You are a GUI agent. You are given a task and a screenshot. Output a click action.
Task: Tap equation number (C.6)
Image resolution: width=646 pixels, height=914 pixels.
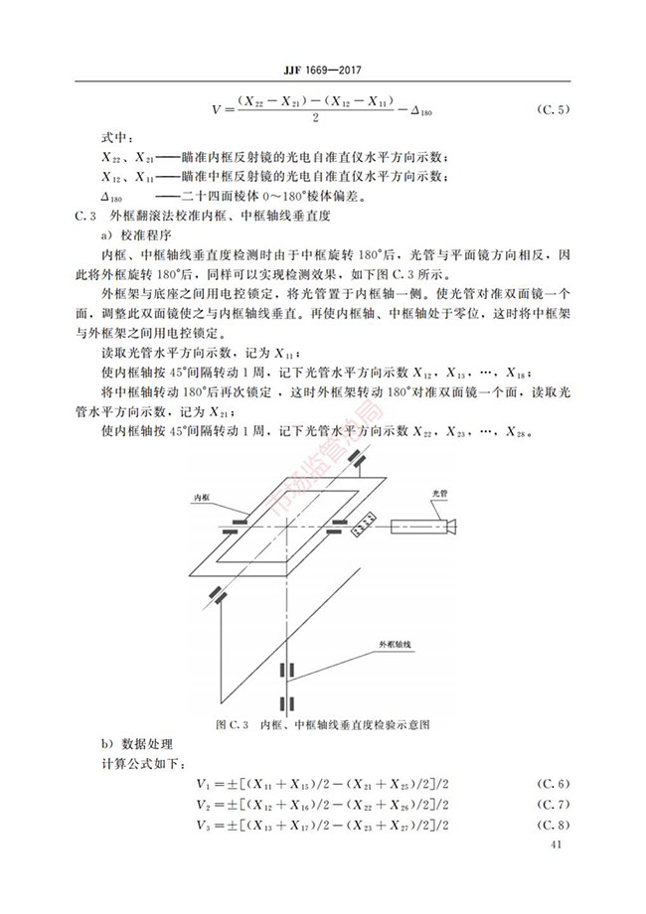(x=554, y=786)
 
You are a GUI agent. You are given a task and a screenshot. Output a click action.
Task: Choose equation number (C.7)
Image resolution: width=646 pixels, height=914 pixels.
(x=554, y=805)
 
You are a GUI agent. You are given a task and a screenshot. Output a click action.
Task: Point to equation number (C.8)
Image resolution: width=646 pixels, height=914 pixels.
(x=554, y=825)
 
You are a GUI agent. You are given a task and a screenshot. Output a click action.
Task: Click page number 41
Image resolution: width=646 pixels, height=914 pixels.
(x=556, y=845)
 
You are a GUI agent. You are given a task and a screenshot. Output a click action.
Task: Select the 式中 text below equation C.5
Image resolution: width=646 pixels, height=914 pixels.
(x=116, y=138)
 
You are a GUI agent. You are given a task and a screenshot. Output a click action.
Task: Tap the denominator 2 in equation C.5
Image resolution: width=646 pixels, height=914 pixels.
(x=314, y=118)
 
